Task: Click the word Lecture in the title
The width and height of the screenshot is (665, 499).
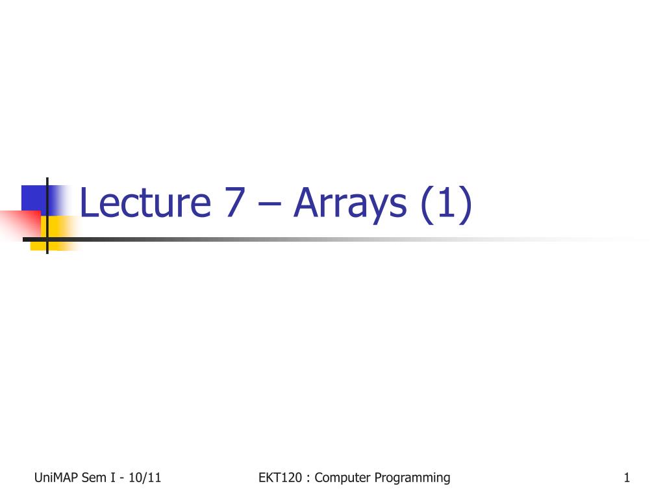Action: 145,203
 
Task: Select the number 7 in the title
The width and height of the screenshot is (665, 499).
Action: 237,203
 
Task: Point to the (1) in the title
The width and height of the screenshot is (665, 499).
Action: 445,204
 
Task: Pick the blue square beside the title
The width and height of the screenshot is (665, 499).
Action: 34,198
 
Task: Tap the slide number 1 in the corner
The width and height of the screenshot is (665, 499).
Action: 627,478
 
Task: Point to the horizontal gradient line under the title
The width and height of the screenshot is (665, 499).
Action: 325,239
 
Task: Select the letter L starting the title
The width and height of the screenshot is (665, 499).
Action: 88,203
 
